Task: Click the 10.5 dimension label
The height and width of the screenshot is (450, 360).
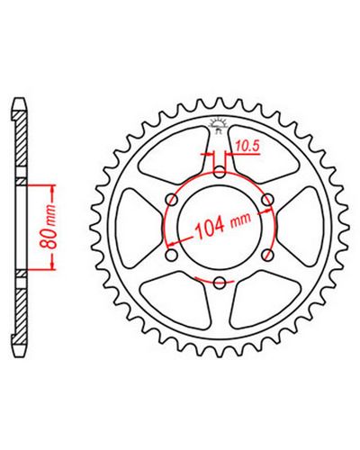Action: pos(247,146)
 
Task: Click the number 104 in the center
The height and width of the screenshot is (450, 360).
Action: pos(210,227)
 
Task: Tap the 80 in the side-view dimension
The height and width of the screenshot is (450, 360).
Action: pos(49,238)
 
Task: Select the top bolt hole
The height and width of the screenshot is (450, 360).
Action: pos(220,173)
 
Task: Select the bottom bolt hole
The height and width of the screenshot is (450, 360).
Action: pos(220,282)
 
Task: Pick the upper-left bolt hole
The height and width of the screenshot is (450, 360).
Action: pos(172,199)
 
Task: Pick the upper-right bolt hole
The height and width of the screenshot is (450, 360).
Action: pos(267,199)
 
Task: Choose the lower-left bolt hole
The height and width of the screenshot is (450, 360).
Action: pos(172,256)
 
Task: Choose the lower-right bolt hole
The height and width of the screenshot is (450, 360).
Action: pos(268,255)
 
